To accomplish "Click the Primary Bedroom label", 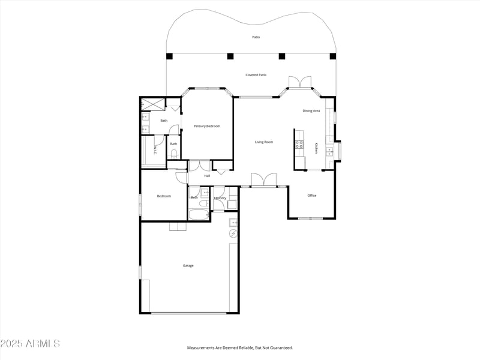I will coord(207,126).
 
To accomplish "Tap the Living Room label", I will coord(264,142).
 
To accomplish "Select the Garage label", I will coord(188,265).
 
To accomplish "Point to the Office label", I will coord(312,196).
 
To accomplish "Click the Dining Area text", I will coord(311,111).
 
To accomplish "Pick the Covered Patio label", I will coord(256,75).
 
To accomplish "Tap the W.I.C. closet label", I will coord(155,149).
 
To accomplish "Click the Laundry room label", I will coord(220,197).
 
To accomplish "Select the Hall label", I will coord(207,176).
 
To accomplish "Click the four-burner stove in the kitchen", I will coord(299,144).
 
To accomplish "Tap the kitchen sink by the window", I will coord(330,151).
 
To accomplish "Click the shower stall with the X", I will coord(152,104).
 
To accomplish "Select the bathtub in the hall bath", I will coord(197,214).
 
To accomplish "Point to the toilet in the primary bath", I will coord(173,154).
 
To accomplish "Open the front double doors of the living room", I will coord(264,180).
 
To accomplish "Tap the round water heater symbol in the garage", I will coord(233,233).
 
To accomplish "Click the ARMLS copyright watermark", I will coord(30,344).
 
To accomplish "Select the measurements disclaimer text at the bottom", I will coord(240,348).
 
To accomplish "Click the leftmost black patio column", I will coord(169,56).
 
